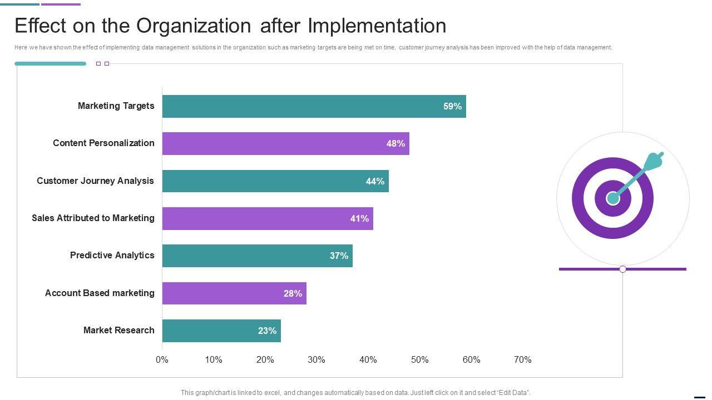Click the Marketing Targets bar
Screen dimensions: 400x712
pyautogui.click(x=314, y=106)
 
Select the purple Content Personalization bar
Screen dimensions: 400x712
pyautogui.click(x=285, y=143)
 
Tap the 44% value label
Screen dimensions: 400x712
pyautogui.click(x=375, y=181)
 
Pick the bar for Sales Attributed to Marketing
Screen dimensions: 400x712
pyautogui.click(x=268, y=218)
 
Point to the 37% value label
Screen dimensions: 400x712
pyautogui.click(x=339, y=256)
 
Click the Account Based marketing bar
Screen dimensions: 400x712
pyautogui.click(x=234, y=293)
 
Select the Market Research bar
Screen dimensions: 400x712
pyautogui.click(x=221, y=331)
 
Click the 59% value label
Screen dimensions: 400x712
pyautogui.click(x=452, y=106)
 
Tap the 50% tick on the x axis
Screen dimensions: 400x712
pyautogui.click(x=419, y=359)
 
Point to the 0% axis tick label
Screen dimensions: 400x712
pyautogui.click(x=162, y=359)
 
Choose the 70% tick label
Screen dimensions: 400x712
pyautogui.click(x=522, y=359)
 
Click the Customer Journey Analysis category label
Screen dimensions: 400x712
pyautogui.click(x=95, y=181)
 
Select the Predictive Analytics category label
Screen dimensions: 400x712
pyautogui.click(x=112, y=255)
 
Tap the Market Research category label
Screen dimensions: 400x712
pyautogui.click(x=118, y=330)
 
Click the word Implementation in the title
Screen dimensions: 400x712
pyautogui.click(x=377, y=26)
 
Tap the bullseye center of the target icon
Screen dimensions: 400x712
pyautogui.click(x=612, y=198)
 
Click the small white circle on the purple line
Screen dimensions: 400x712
pyautogui.click(x=622, y=269)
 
